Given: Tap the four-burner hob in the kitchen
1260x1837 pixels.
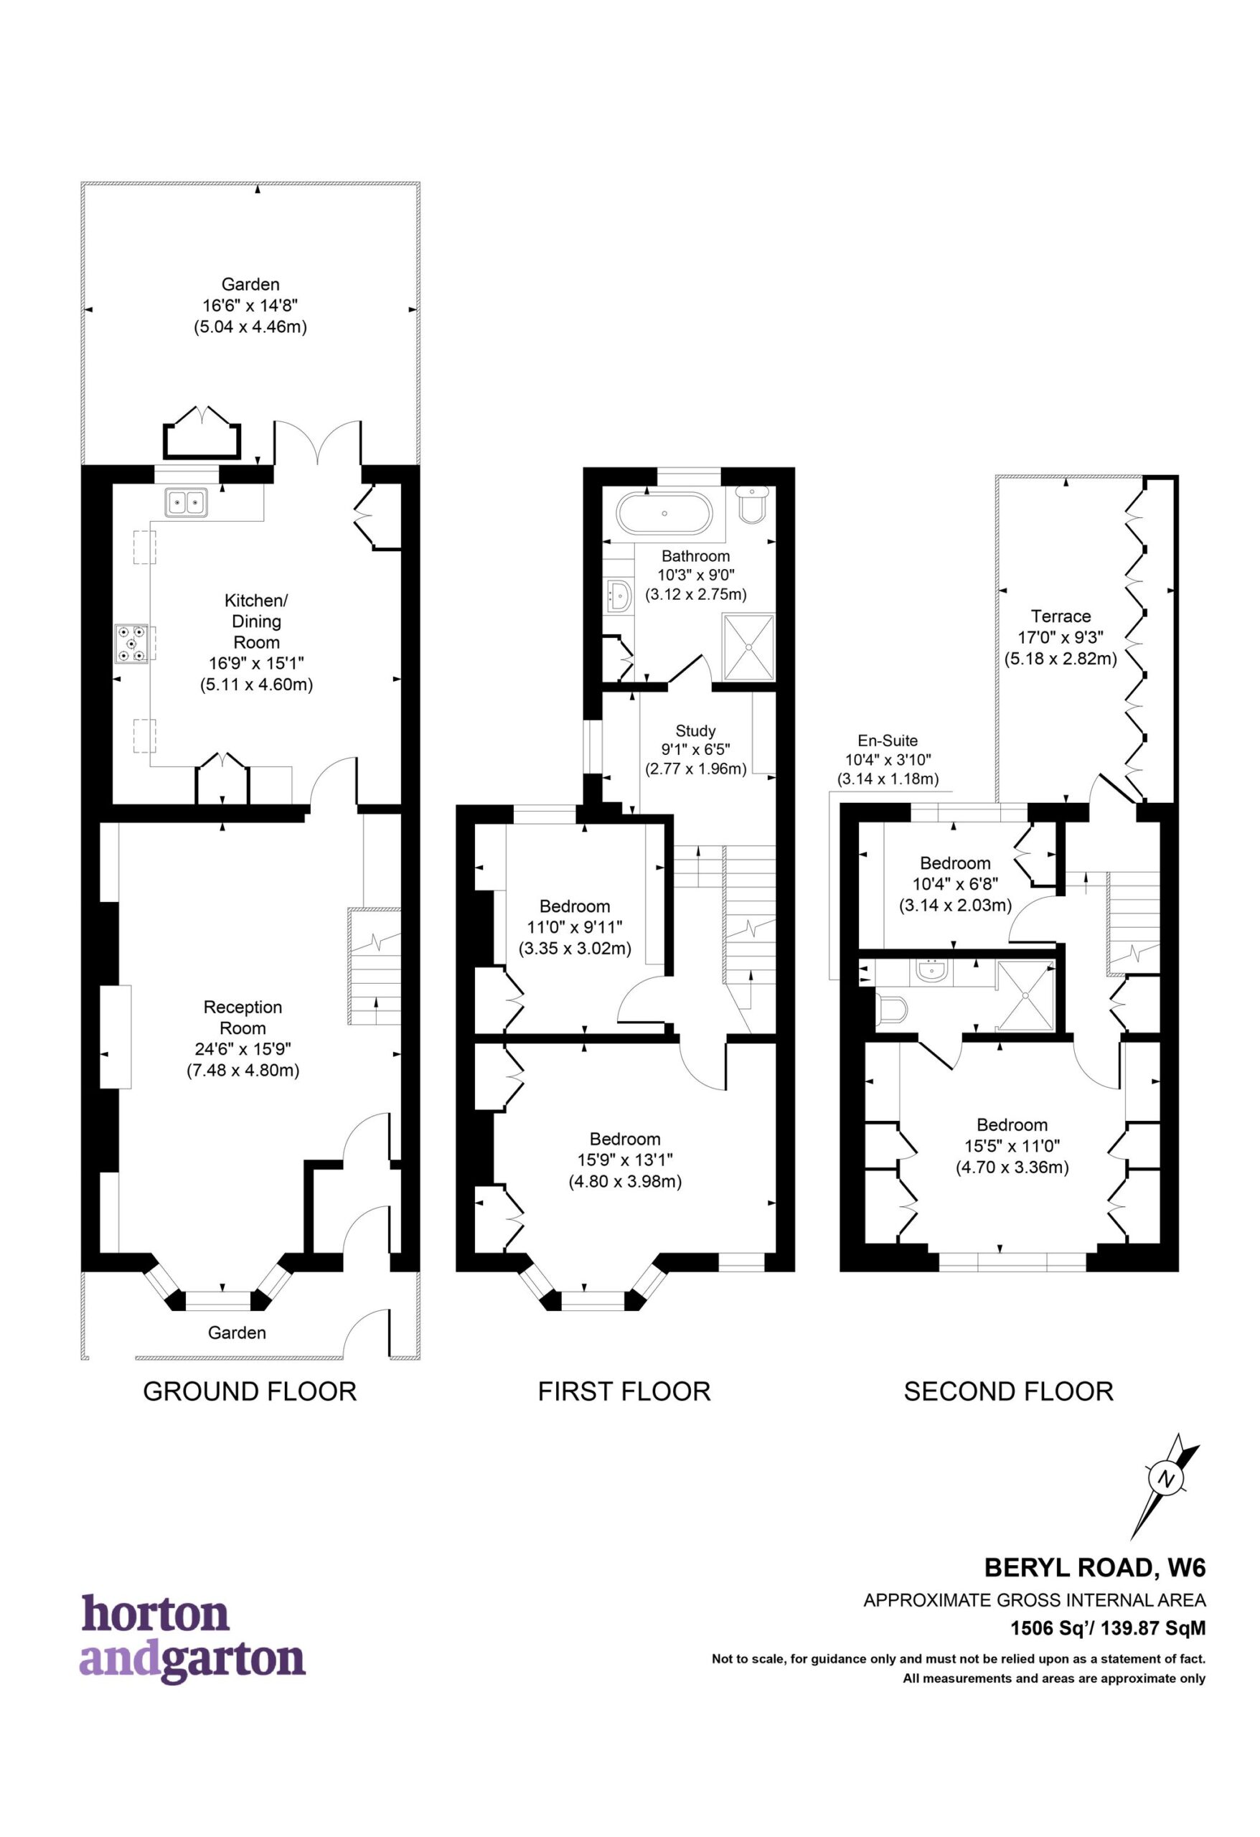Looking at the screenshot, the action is [x=131, y=643].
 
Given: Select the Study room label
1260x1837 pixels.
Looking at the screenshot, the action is [x=695, y=730].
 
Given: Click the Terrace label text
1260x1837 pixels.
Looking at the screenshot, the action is [x=1061, y=616].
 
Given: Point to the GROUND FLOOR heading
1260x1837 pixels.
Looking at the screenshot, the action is [x=250, y=1391].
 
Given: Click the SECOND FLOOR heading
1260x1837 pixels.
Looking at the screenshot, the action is [x=1009, y=1391].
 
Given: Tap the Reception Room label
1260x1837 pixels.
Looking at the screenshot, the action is [x=243, y=1018].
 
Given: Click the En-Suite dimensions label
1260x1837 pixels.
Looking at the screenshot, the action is [x=888, y=760].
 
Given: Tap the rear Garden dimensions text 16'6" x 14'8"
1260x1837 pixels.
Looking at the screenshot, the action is [x=250, y=304].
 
